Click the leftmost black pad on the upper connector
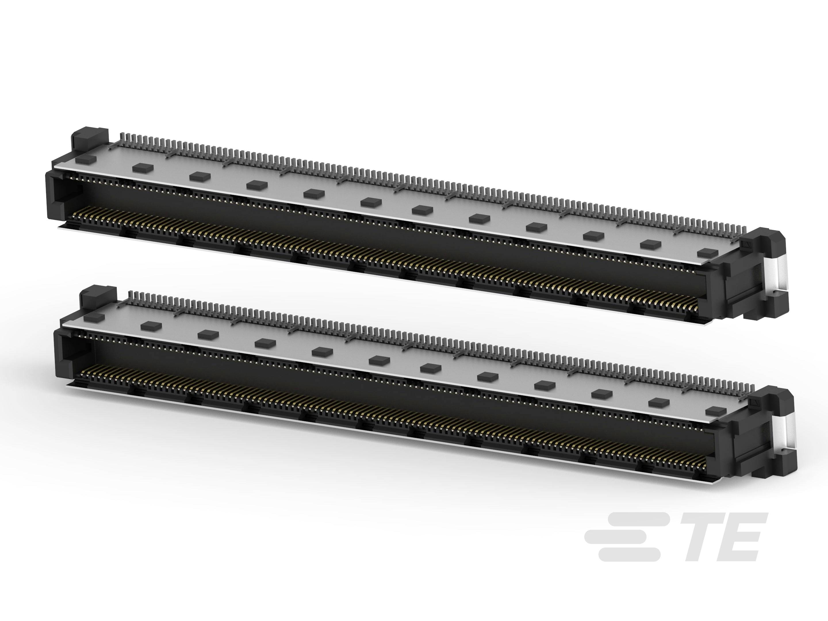pos(86,159)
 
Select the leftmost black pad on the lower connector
pos(94,317)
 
